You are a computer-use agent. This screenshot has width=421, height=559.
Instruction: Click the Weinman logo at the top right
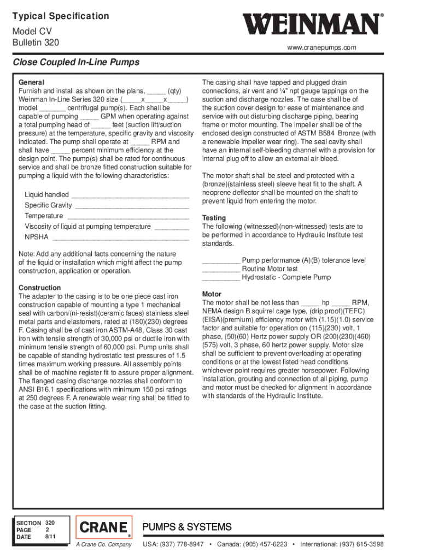point(311,25)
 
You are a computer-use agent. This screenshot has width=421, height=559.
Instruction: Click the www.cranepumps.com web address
point(321,47)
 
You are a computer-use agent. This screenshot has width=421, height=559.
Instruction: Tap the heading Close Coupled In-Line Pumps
point(76,62)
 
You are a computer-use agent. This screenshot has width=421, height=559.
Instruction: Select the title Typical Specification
point(61,16)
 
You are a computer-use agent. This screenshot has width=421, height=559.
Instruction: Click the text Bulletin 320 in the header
point(36,43)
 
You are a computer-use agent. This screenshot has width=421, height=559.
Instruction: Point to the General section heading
point(31,82)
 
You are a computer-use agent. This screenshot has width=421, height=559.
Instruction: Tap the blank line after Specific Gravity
point(132,206)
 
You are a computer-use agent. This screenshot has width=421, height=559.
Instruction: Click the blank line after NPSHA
point(120,237)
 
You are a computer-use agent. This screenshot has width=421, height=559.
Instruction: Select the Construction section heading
point(40,288)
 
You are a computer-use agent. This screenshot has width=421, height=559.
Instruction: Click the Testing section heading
point(214,218)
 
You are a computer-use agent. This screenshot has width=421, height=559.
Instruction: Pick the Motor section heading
point(212,294)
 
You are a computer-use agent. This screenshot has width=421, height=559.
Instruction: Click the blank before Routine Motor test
point(221,269)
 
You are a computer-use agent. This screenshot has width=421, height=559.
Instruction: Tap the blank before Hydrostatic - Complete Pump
point(221,278)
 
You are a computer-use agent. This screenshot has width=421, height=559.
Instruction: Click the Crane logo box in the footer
point(104,527)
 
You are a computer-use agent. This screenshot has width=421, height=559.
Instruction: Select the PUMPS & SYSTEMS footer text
point(187,527)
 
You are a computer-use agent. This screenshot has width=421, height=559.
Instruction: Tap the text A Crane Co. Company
point(104,545)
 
